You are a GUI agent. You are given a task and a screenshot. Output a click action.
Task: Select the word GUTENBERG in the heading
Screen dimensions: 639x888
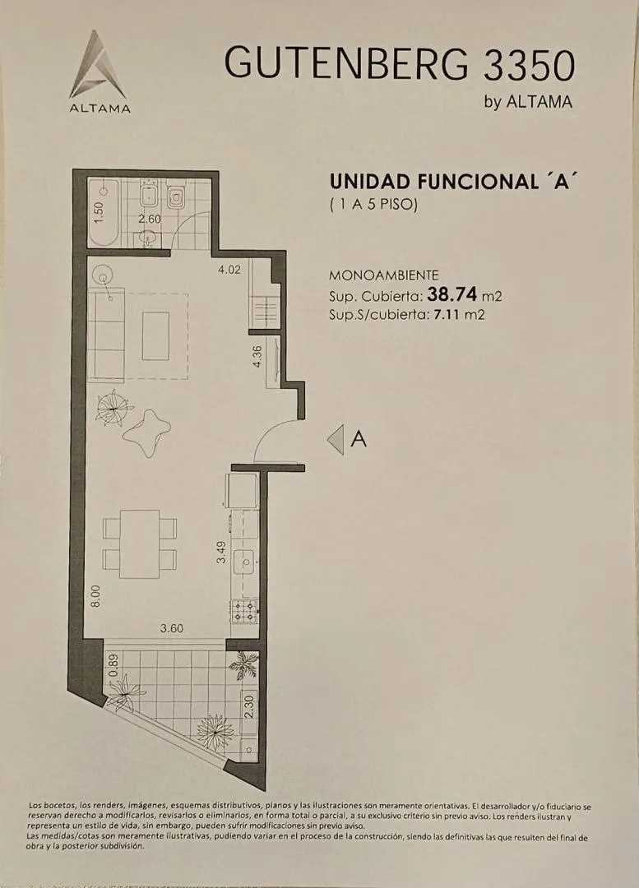(x=347, y=62)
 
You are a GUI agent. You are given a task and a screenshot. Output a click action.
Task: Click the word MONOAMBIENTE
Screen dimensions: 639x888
(x=383, y=275)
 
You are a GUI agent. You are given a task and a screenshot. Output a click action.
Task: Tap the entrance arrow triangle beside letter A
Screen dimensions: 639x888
(x=336, y=439)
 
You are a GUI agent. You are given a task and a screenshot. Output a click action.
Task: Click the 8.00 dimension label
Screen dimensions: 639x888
(x=95, y=596)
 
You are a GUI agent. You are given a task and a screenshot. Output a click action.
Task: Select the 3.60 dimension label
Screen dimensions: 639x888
(x=172, y=628)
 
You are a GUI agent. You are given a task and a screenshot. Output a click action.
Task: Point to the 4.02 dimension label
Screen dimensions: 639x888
(x=229, y=270)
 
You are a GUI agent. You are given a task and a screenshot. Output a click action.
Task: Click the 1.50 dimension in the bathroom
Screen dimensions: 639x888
(x=99, y=212)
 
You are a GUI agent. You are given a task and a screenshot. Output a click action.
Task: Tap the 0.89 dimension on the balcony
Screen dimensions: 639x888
(x=113, y=665)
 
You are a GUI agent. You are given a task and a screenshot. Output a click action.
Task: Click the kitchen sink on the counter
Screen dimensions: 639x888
(x=245, y=562)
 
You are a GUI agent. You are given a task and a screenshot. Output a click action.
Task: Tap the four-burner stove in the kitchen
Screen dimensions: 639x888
(x=245, y=611)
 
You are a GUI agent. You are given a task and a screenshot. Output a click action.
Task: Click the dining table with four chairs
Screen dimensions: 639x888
(x=139, y=544)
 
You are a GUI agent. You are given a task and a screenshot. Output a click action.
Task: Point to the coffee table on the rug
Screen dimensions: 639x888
(x=155, y=335)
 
